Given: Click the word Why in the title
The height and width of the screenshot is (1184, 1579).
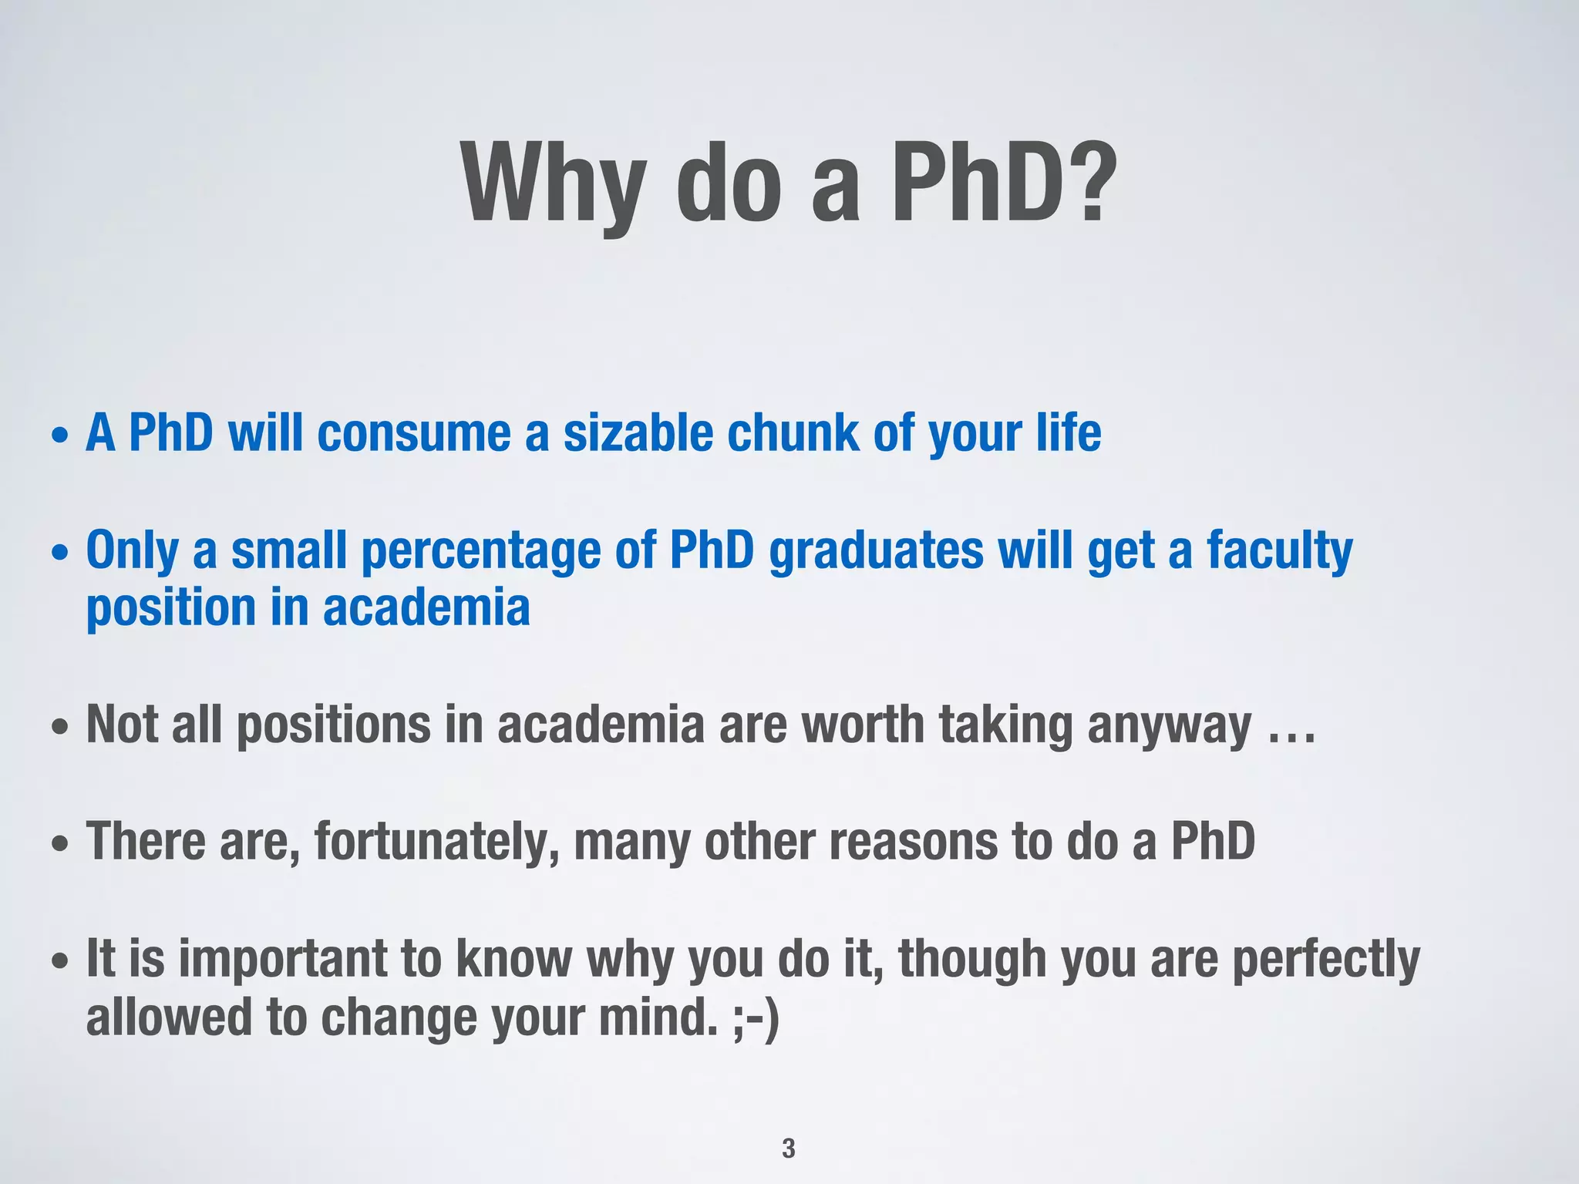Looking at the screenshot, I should [x=552, y=185].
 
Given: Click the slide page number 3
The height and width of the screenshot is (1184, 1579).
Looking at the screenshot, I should [x=788, y=1148].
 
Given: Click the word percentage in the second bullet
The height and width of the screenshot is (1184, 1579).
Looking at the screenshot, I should [x=480, y=552].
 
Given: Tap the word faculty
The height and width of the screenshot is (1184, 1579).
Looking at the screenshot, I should [x=1279, y=552].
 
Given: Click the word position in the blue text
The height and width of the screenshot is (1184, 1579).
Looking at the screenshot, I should [x=170, y=609].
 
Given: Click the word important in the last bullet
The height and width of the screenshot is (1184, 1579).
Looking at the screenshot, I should [x=281, y=959].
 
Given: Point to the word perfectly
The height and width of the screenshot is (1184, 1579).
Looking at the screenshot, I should [x=1325, y=960].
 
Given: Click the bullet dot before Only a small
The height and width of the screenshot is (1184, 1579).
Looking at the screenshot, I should [x=60, y=553].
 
